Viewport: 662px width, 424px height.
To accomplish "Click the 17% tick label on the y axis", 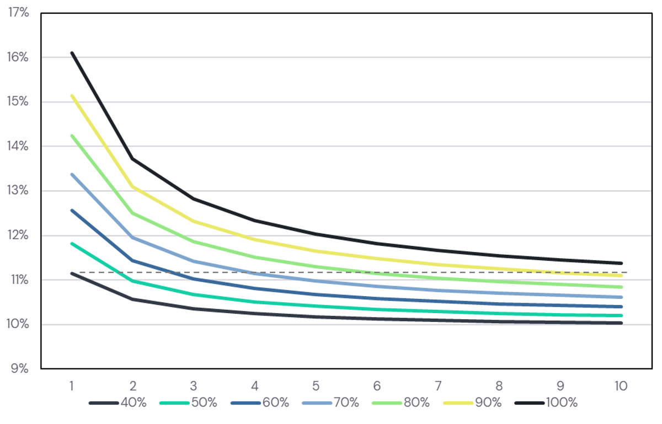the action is click(x=19, y=13).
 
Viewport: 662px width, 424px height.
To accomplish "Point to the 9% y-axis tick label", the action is click(x=20, y=369).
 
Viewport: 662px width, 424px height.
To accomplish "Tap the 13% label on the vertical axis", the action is click(x=18, y=190).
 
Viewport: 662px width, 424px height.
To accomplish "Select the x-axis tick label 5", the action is click(x=316, y=386).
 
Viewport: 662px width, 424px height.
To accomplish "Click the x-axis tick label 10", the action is click(x=621, y=386).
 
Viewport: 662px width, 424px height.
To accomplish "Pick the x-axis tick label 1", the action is click(x=72, y=386).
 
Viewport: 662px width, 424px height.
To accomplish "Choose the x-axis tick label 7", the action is click(x=438, y=386).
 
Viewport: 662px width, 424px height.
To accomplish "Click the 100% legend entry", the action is click(x=546, y=402).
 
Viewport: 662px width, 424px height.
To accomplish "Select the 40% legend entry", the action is click(x=118, y=402).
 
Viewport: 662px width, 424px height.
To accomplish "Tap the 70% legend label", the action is click(x=346, y=402).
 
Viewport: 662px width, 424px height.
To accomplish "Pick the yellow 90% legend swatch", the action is click(x=458, y=403).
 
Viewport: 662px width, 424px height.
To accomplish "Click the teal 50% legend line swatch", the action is click(x=174, y=403).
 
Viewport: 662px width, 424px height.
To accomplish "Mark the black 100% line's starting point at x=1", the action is click(x=72, y=53).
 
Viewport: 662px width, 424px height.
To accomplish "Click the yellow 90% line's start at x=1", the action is click(x=72, y=95).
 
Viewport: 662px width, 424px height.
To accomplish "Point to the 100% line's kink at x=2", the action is click(x=132, y=159).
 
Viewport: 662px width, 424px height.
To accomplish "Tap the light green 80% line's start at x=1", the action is click(x=72, y=136).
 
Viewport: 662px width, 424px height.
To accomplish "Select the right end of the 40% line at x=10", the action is click(x=622, y=323).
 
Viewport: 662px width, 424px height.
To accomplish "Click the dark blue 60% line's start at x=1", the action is click(x=72, y=211).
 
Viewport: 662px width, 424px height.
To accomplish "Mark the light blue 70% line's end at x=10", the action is click(x=622, y=297).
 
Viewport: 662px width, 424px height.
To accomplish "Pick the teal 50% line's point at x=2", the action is click(x=132, y=281).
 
